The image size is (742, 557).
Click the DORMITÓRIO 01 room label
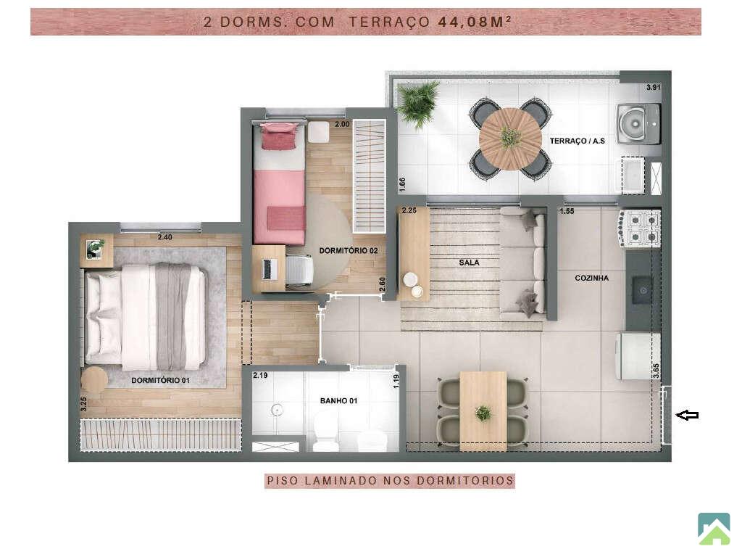tap(160, 380)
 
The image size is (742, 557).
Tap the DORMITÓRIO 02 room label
tap(349, 250)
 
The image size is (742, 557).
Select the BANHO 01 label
tap(338, 400)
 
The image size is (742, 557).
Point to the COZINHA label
tap(591, 278)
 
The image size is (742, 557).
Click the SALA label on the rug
tap(469, 263)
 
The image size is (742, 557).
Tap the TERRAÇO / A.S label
tap(578, 141)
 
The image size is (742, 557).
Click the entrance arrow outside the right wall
tap(687, 416)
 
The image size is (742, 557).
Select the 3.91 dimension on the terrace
tap(654, 87)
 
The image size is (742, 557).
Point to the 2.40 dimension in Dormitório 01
tap(164, 237)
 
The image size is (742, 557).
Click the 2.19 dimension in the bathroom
tap(260, 375)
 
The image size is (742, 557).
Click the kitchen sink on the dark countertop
tap(643, 290)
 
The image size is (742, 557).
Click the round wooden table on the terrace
tap(510, 139)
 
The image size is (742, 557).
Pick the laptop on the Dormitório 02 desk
tap(269, 269)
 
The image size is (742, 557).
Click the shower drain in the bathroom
tap(277, 410)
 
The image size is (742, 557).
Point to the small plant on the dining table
tap(483, 413)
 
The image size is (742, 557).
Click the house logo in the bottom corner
tap(714, 529)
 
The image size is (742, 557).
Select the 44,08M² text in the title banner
tap(474, 21)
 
